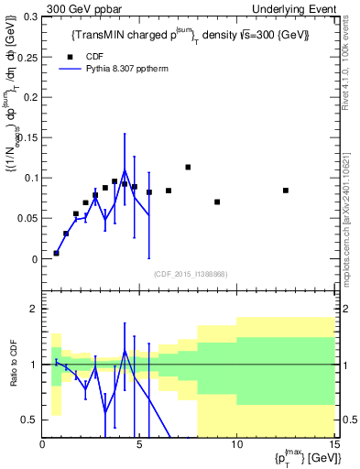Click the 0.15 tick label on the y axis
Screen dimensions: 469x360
click(x=27, y=137)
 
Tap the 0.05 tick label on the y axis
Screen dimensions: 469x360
click(x=27, y=218)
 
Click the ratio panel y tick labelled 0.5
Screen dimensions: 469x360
click(x=29, y=420)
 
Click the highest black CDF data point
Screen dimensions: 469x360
click(x=188, y=168)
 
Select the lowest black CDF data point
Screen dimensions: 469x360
click(x=56, y=253)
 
